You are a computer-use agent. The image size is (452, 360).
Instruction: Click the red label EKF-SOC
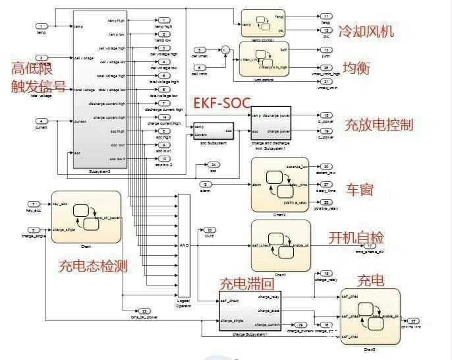click(x=223, y=104)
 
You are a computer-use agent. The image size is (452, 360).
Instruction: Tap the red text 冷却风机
click(x=366, y=31)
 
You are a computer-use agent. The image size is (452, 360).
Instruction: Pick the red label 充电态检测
click(x=92, y=266)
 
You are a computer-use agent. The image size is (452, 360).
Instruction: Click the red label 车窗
click(x=360, y=190)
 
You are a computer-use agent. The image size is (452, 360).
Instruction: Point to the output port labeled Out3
click(x=210, y=230)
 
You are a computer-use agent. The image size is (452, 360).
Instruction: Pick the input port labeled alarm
click(x=206, y=184)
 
